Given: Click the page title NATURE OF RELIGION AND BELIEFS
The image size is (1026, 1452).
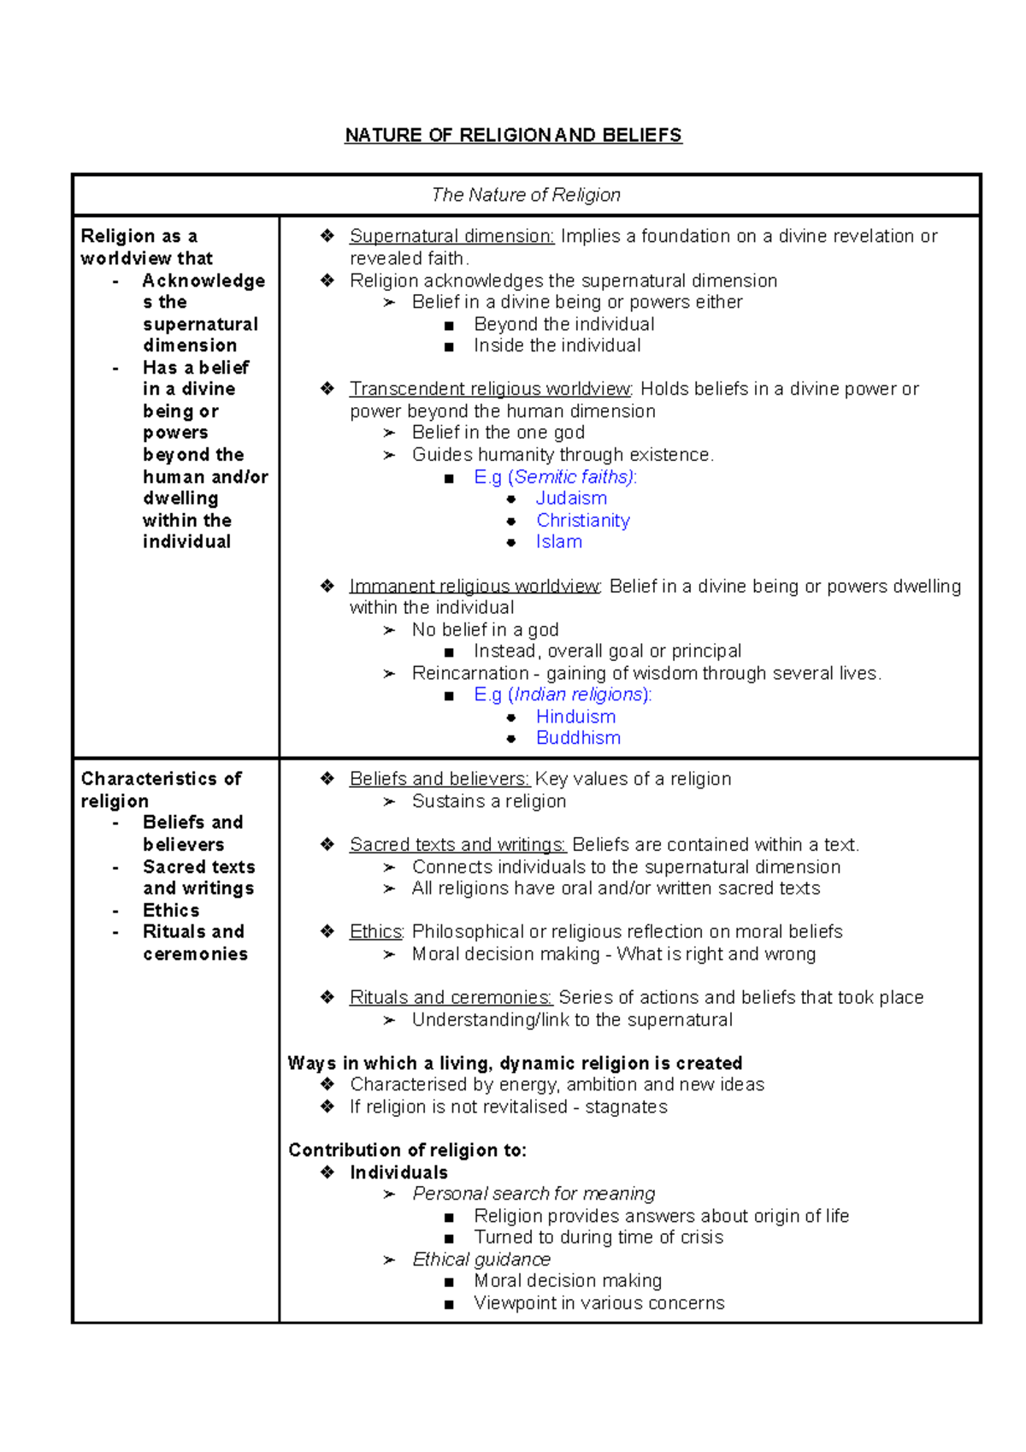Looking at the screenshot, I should tap(513, 135).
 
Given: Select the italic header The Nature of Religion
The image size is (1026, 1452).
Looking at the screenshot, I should tap(526, 195).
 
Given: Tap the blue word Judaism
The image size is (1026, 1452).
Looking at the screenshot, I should tap(571, 499).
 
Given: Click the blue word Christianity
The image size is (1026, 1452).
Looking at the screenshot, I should tap(583, 521).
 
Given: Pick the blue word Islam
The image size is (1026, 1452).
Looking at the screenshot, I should tap(559, 542).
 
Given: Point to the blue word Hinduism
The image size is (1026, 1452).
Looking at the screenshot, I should tap(575, 717).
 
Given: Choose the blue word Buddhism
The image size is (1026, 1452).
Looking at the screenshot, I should tap(578, 738).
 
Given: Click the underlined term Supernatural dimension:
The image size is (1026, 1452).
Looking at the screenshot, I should tap(451, 236).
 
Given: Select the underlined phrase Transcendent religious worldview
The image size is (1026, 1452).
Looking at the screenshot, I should tap(490, 389).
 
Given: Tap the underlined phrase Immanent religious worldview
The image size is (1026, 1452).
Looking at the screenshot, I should tap(475, 587).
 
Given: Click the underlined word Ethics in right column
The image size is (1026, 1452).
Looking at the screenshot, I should tap(375, 932).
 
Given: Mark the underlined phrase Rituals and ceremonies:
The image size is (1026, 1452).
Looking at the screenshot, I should tap(451, 998).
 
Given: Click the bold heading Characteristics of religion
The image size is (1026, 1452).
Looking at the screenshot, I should tap(161, 790).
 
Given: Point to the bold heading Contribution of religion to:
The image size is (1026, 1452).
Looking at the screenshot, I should tap(407, 1150).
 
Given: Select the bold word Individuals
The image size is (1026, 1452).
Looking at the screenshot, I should tap(398, 1172).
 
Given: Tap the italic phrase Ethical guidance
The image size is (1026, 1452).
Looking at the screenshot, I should tap(481, 1260).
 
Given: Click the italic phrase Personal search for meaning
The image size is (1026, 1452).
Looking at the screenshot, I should tap(534, 1194).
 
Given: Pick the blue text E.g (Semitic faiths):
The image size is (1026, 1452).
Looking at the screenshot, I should tap(555, 477).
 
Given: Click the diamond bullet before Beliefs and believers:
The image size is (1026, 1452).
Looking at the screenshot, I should tap(327, 779).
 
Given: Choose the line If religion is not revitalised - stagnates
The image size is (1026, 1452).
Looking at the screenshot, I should tap(508, 1107).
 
